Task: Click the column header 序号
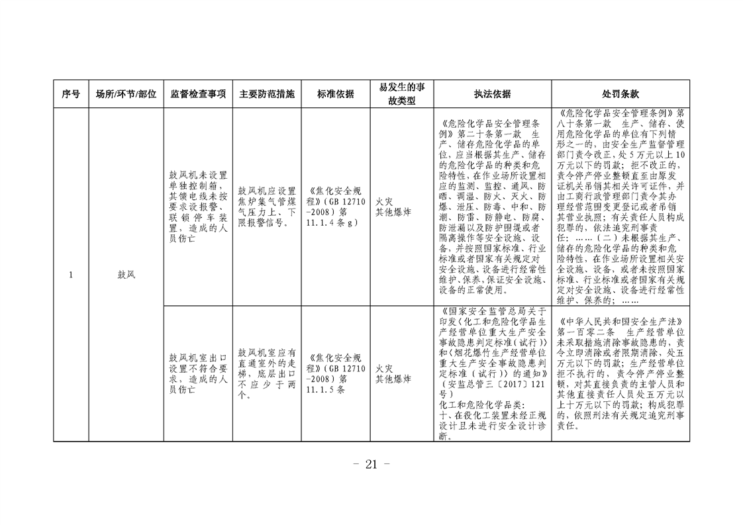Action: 71,94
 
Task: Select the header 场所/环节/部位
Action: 126,94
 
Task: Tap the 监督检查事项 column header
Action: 198,94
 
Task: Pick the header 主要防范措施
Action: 267,94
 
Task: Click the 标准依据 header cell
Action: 336,94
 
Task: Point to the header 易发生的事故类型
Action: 402,94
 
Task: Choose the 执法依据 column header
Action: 492,94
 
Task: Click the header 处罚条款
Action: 620,94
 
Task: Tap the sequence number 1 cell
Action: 71,275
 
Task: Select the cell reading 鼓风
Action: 126,275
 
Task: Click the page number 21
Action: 371,464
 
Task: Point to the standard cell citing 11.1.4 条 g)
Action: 336,207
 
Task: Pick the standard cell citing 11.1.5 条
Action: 336,373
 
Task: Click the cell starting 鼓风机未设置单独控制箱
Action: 198,207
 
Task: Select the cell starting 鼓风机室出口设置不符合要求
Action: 198,373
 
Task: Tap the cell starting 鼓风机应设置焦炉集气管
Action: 267,207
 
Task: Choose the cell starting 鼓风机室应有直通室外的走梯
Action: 267,373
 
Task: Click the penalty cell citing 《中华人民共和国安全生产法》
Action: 620,373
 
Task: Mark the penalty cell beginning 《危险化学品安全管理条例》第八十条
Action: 620,207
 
